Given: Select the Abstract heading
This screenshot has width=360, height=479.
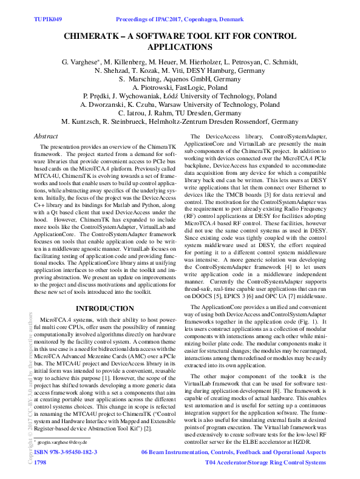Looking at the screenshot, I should click(46, 137).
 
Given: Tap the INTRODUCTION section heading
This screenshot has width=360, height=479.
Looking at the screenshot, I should click(101, 309).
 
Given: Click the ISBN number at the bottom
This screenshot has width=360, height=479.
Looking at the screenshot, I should click(66, 452).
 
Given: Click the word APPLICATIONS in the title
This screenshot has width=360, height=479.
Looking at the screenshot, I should click(180, 47).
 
